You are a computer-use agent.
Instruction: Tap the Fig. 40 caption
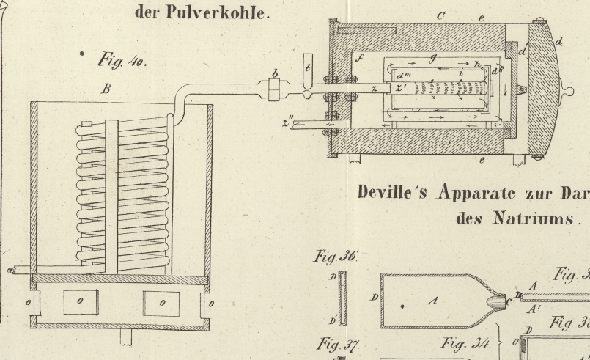[120, 60]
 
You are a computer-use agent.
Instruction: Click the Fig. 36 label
[334, 257]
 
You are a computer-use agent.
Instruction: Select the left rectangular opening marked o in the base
[81, 301]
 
